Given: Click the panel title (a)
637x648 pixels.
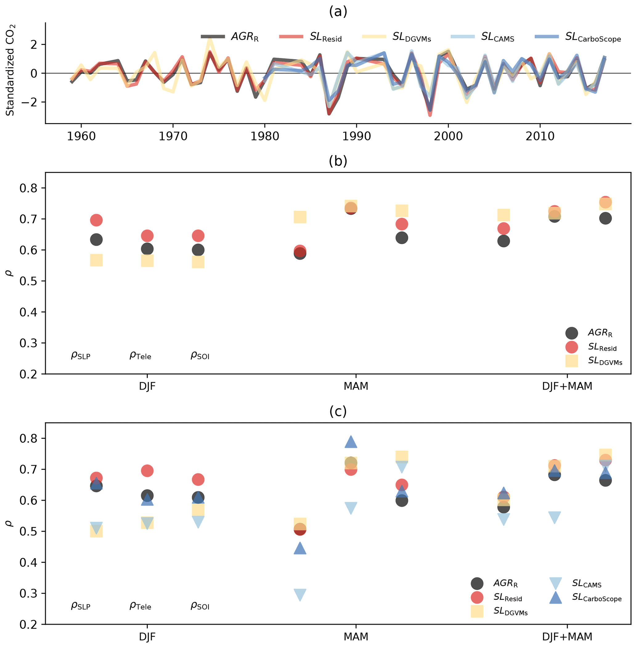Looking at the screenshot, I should [x=338, y=12].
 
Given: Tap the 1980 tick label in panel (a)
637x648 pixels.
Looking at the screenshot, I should [x=265, y=136].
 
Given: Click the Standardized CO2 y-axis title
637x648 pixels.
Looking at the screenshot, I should [x=10, y=70].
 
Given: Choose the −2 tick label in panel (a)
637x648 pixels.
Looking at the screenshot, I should [x=30, y=102].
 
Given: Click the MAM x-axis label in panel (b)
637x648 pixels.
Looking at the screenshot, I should [x=356, y=386].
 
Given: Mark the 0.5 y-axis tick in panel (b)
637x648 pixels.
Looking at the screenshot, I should [x=28, y=281].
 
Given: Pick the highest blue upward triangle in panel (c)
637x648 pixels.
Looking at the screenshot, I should [x=351, y=442].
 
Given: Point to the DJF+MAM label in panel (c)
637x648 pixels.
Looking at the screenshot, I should [x=567, y=636].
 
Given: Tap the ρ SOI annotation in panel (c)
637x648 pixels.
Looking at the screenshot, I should [x=200, y=606].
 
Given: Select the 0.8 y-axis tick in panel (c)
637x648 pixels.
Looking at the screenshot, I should [x=28, y=438].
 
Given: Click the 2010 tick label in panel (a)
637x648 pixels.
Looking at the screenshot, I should [x=540, y=136].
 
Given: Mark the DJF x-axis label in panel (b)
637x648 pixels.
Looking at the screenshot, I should [x=147, y=386].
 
